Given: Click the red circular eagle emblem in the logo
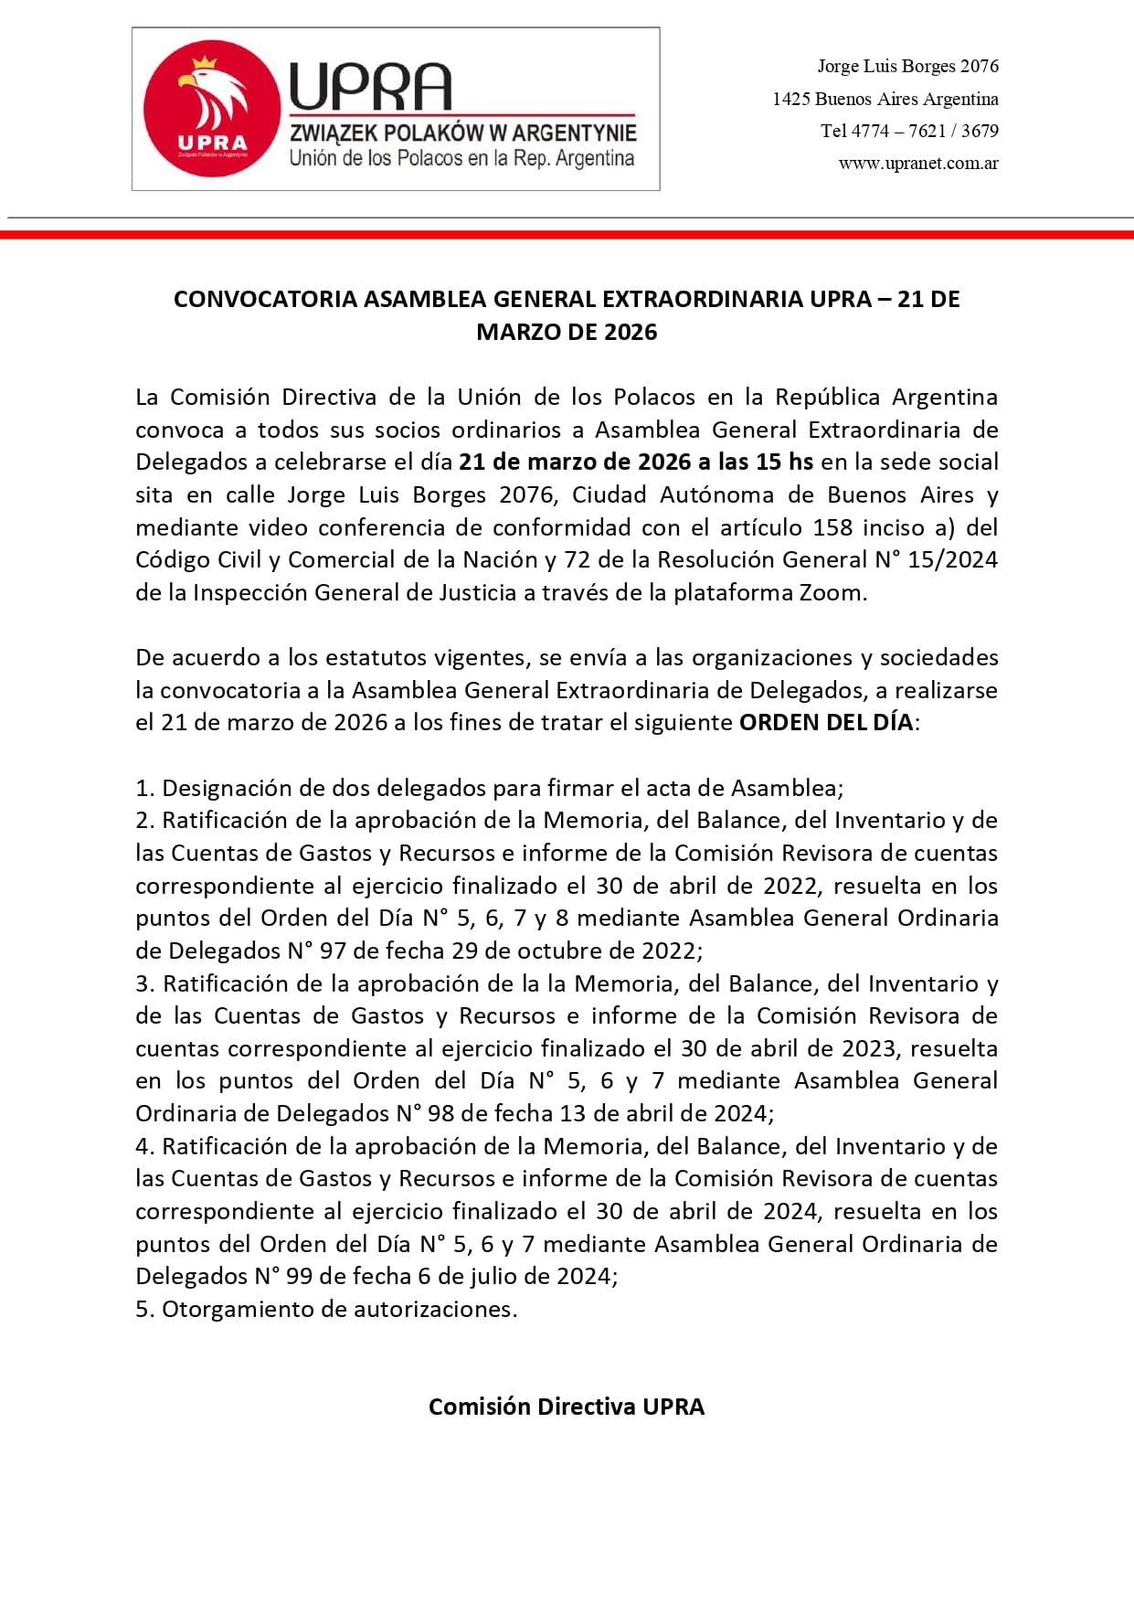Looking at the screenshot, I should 211,109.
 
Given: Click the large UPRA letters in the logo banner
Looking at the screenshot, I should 370,88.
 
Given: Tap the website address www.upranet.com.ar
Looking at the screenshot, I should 917,164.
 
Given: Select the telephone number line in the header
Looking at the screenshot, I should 908,131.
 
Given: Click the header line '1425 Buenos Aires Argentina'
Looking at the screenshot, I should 885,99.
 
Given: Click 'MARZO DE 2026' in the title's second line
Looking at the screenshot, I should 567,332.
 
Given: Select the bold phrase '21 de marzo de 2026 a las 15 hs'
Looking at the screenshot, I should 635,462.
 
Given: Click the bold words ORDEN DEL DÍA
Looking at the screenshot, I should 826,723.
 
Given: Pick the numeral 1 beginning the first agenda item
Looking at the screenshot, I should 142,789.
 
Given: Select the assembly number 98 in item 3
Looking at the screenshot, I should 440,1114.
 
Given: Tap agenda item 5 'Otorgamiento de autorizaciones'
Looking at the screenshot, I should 338,1310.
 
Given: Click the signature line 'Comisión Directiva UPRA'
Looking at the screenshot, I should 567,1407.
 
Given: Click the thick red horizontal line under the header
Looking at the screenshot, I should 567,235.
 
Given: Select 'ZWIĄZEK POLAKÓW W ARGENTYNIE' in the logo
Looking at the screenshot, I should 462,133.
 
